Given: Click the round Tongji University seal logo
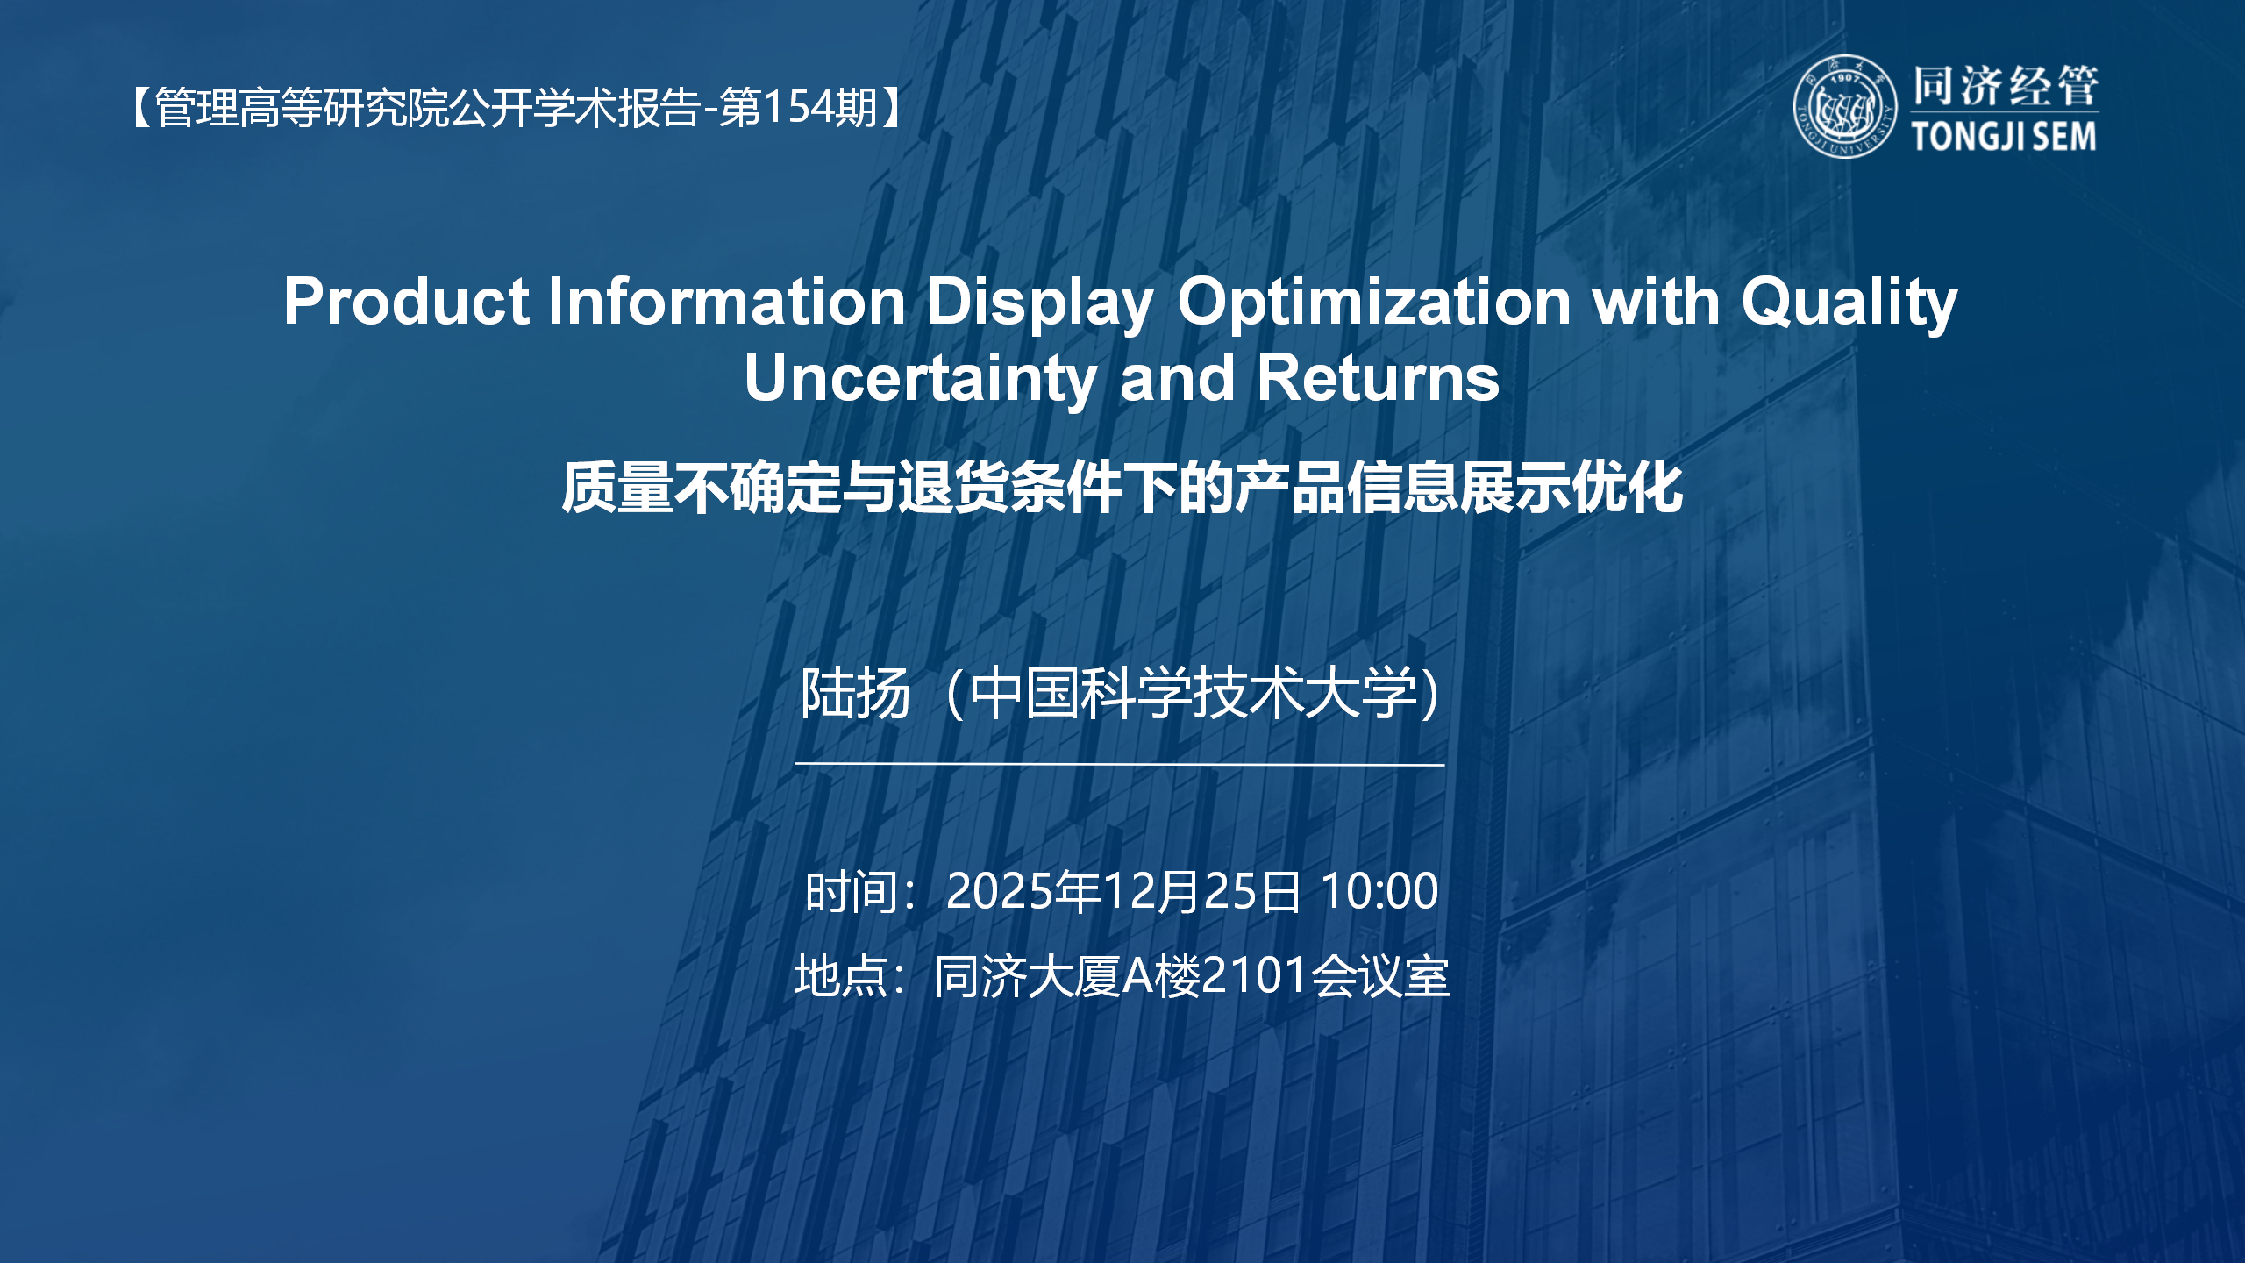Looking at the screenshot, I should click(x=1844, y=107).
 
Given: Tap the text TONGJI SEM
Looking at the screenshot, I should click(x=2004, y=137).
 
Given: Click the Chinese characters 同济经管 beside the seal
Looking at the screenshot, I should click(x=2005, y=86).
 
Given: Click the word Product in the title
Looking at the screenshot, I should click(x=406, y=302).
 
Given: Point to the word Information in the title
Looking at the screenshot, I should click(x=726, y=302).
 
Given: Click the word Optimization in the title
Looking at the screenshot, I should click(x=1373, y=302).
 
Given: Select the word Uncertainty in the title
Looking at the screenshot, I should click(x=921, y=379).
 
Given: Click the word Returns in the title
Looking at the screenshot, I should click(x=1378, y=379).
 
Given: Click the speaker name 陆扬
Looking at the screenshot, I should click(x=855, y=694).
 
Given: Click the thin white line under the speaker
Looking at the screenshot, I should click(x=1119, y=764).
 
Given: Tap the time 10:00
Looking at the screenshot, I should click(x=1379, y=891).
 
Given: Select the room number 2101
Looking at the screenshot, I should click(x=1255, y=975).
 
